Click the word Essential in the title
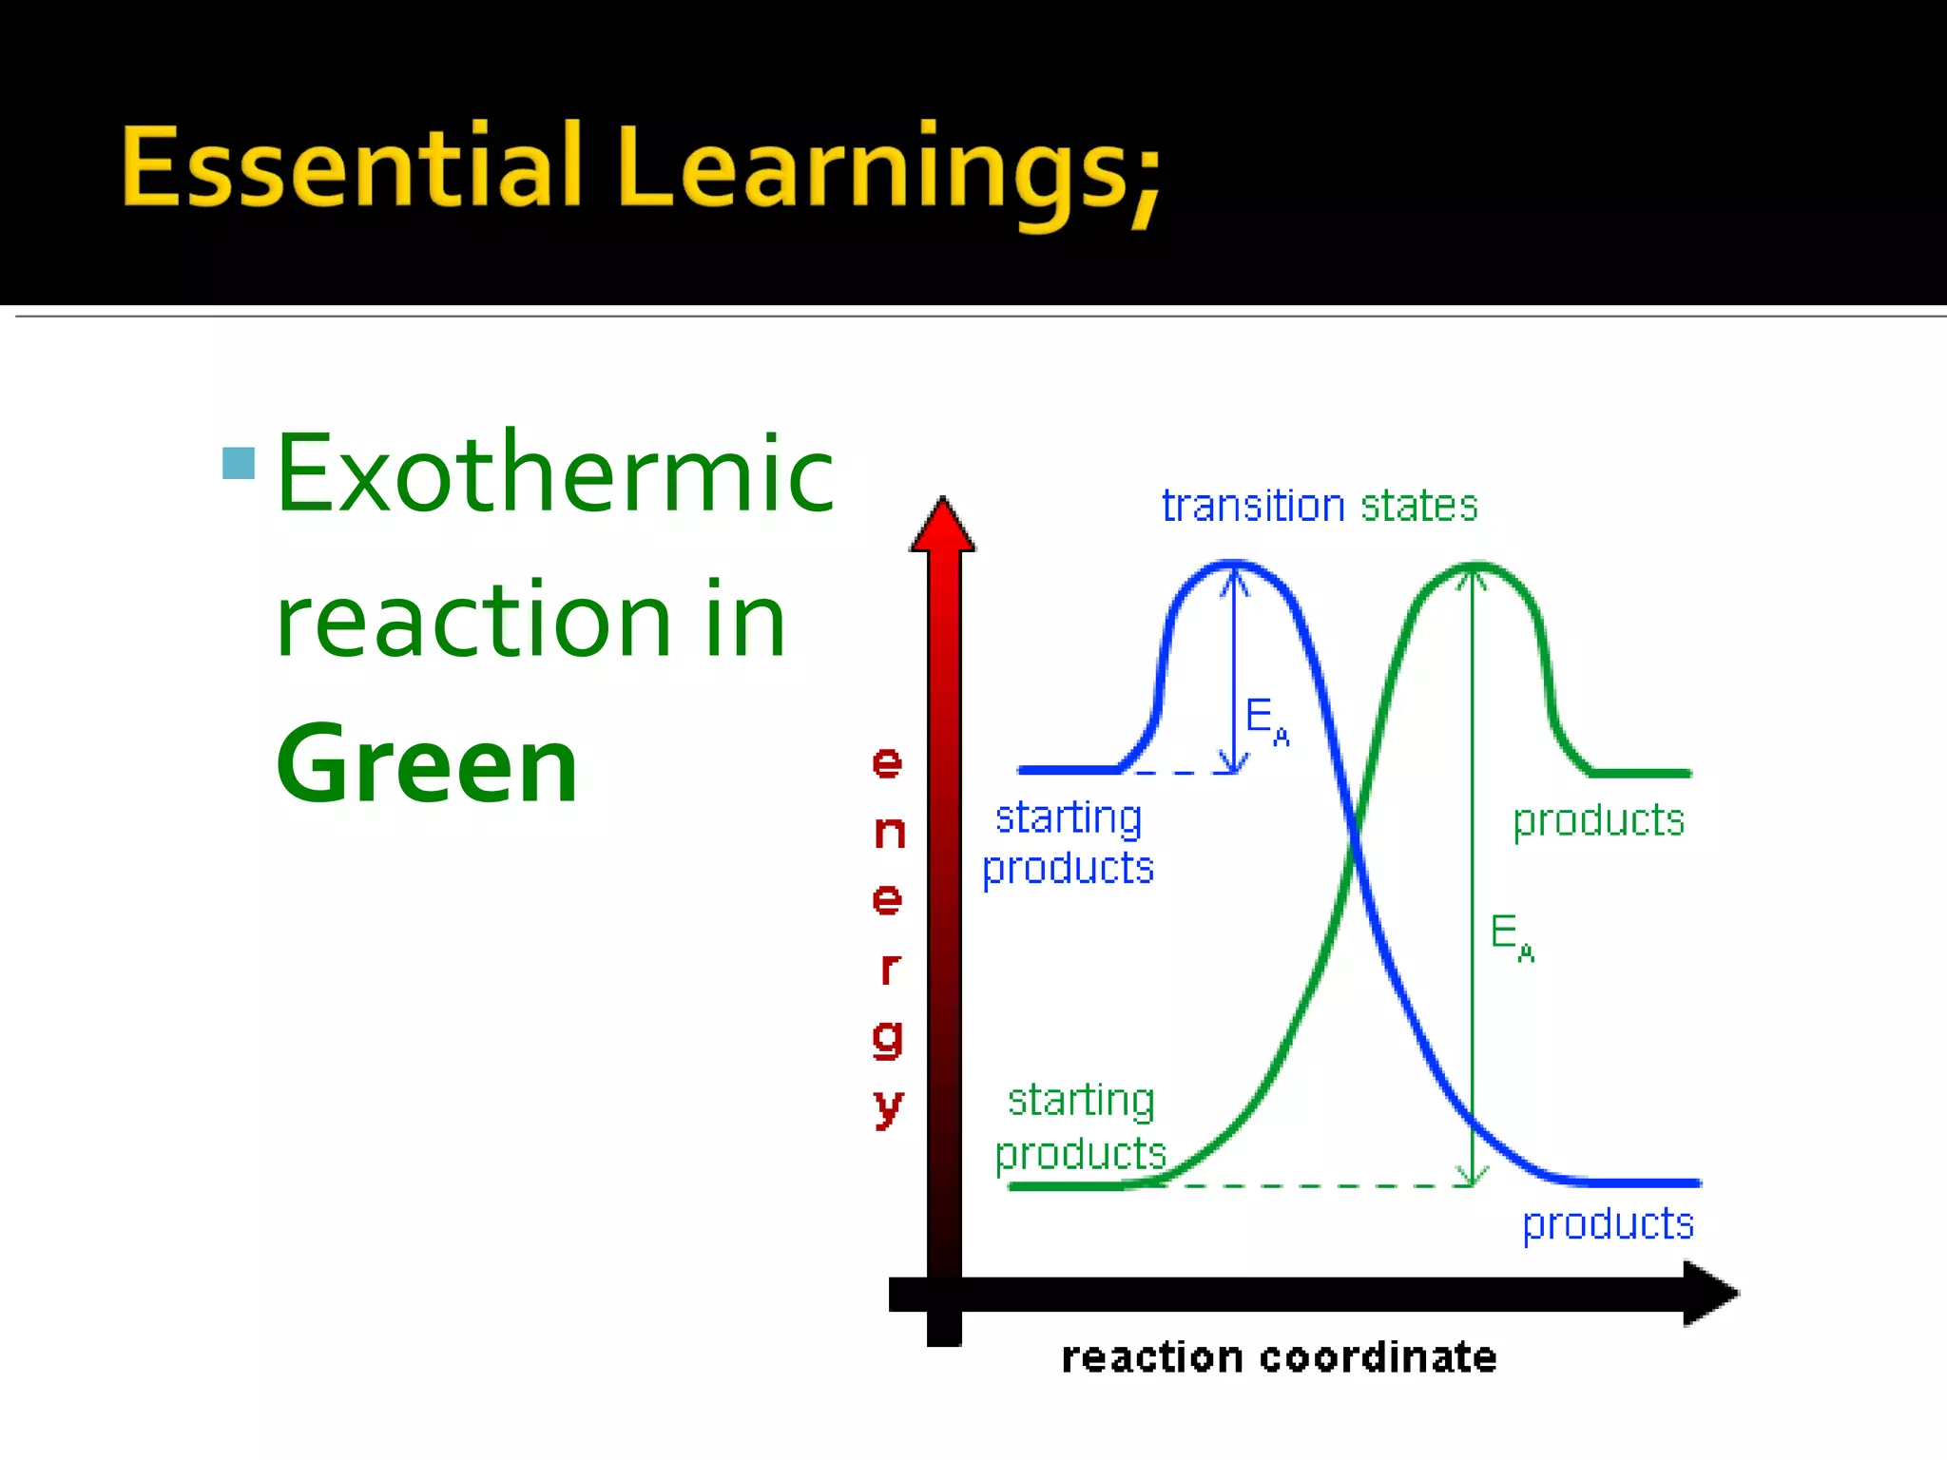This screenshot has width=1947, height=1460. (x=352, y=167)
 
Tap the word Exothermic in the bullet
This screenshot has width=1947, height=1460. (x=555, y=475)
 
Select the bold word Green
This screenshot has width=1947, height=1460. (x=427, y=765)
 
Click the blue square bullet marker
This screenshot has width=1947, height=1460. (x=239, y=463)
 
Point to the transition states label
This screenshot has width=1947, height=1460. (x=1320, y=506)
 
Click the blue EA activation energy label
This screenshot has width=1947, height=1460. (x=1266, y=720)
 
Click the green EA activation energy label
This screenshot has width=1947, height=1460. (x=1511, y=936)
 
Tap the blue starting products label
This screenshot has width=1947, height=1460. (x=1068, y=843)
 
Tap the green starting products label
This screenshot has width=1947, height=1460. (x=1081, y=1127)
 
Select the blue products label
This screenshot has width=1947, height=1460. (x=1608, y=1224)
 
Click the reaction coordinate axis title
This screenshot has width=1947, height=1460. (x=1279, y=1358)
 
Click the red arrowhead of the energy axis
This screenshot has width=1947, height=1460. (x=942, y=528)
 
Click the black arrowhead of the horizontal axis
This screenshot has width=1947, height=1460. (x=1708, y=1294)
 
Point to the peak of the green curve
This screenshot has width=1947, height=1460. (x=1475, y=567)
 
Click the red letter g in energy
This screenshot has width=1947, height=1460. (x=887, y=1039)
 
